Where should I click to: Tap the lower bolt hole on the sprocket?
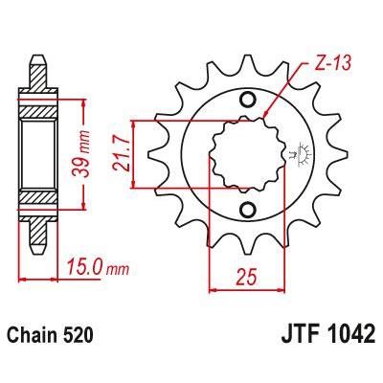coord(248,210)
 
